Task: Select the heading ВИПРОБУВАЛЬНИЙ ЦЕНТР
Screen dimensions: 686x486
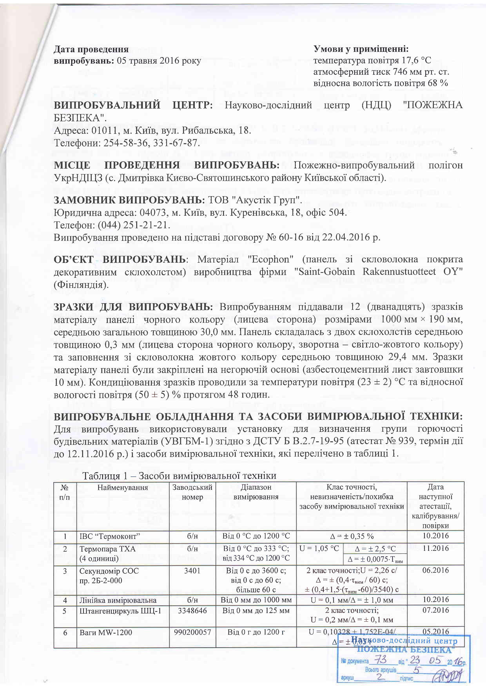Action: pos(133,105)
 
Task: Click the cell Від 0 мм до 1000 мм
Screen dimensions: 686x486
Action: pos(256,600)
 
